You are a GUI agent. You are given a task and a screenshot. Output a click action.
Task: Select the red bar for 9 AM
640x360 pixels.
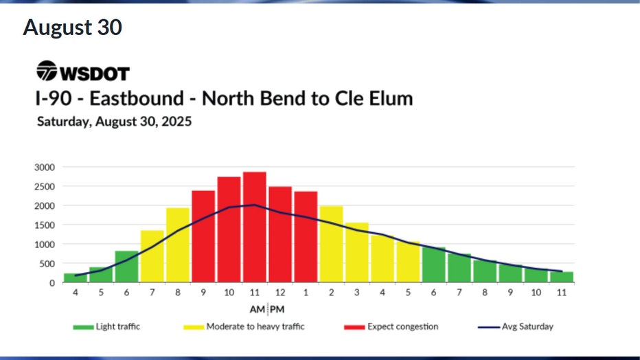[203, 236]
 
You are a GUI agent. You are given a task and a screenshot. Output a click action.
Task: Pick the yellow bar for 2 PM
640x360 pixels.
[331, 244]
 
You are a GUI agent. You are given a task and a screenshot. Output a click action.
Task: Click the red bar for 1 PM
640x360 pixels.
[306, 236]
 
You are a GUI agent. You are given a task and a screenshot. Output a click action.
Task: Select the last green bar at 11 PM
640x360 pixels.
[562, 277]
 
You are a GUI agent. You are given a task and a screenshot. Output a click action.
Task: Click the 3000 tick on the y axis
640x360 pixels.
[44, 167]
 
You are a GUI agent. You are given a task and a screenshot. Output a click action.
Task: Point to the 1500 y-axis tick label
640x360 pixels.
[44, 225]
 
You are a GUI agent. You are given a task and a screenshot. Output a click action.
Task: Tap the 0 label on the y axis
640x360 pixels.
[52, 282]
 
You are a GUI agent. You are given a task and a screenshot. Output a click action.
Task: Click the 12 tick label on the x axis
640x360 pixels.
[279, 293]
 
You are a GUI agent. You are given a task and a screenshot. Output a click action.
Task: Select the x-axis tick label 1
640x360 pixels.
[306, 293]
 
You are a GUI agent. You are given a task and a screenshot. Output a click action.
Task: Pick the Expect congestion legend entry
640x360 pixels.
[393, 326]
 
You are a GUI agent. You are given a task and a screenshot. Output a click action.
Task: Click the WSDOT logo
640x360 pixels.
[82, 71]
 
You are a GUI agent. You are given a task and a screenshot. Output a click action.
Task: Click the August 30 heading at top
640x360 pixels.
[72, 27]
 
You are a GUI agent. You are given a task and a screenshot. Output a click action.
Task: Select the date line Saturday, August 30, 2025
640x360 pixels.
[113, 122]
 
